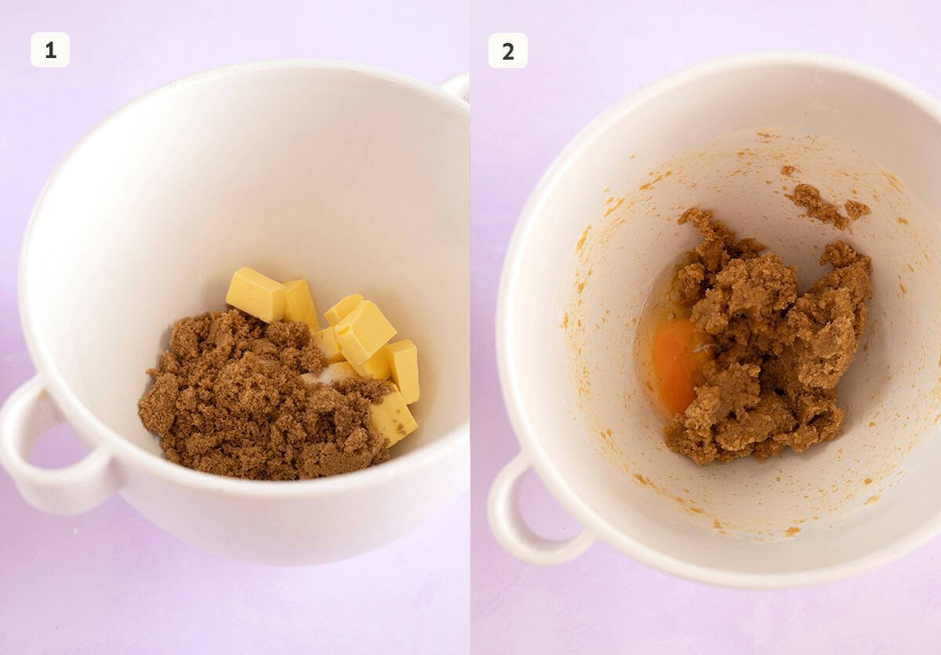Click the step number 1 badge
(50, 50)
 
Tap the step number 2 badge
(508, 51)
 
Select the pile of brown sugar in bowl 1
(251, 400)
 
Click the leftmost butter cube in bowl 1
(256, 295)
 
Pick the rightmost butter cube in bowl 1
(405, 369)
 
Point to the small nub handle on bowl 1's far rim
(456, 85)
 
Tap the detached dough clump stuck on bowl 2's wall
(823, 206)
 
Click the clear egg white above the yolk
(667, 302)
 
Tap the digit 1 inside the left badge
(50, 50)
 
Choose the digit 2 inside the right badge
(508, 51)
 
